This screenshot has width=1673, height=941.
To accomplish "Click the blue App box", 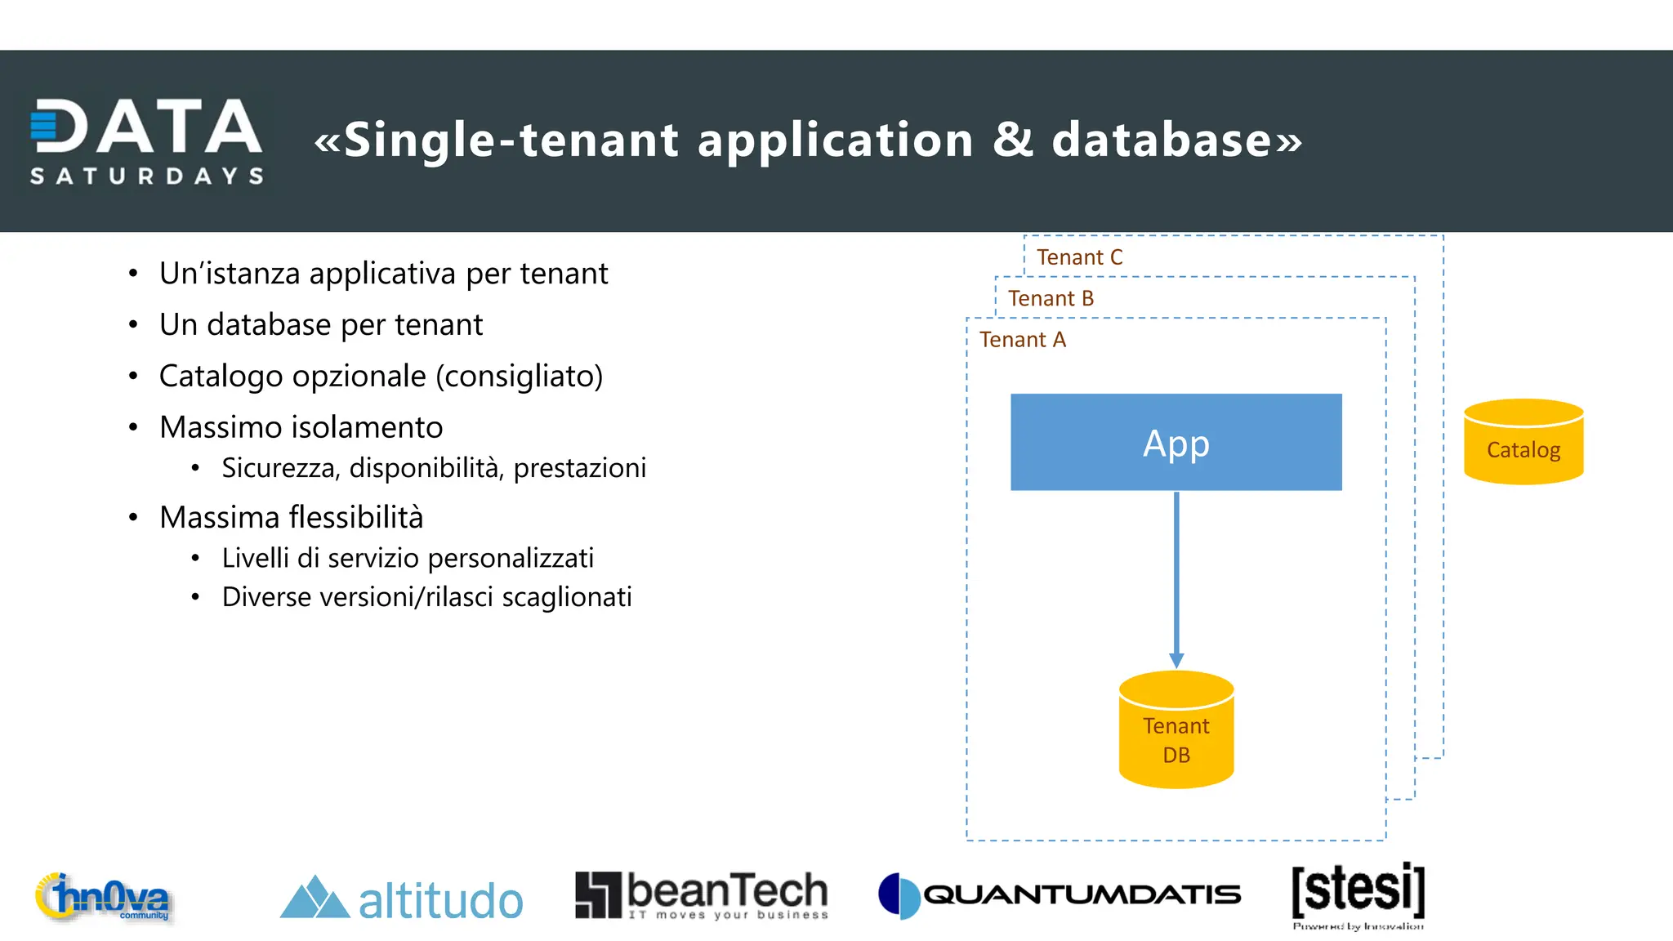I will coord(1176,442).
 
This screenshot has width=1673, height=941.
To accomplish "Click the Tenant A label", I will coord(1022,340).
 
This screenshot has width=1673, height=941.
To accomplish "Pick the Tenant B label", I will coord(1051,299).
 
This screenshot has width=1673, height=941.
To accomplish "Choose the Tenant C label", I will coord(1079,257).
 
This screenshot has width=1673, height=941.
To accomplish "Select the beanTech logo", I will coord(702,895).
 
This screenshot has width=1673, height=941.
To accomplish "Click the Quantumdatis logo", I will coord(1059,895).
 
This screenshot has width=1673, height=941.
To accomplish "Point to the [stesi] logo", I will coord(1358,894).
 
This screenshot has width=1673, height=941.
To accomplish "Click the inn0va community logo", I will coord(104,898).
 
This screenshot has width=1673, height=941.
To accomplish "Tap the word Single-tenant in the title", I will coord(511,140).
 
